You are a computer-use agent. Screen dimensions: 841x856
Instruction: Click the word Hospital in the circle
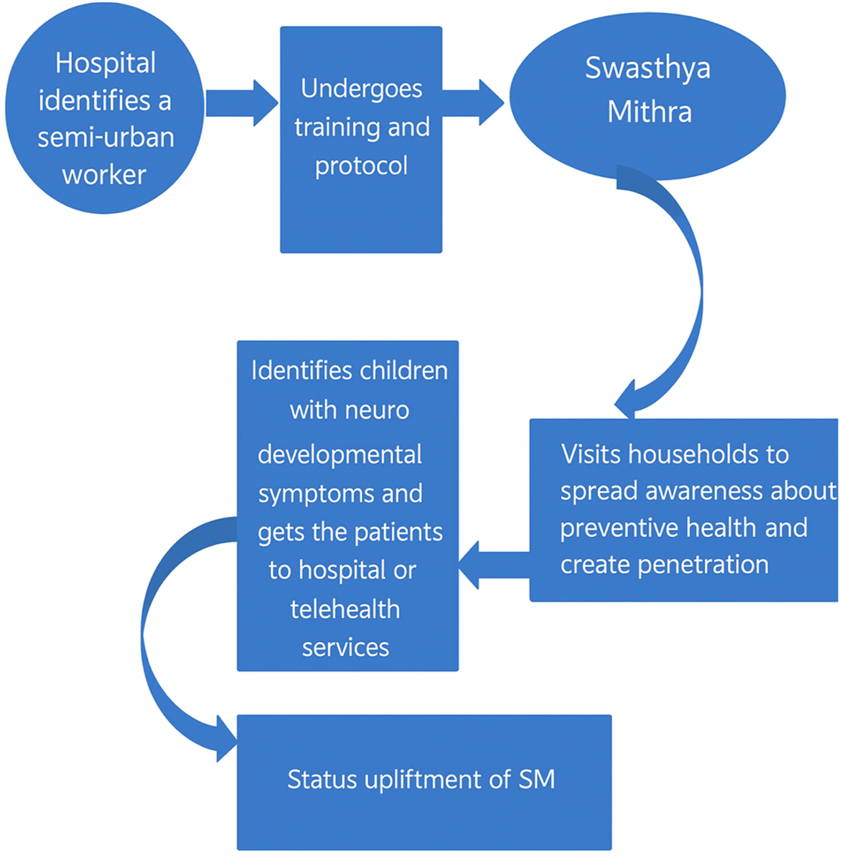(x=105, y=63)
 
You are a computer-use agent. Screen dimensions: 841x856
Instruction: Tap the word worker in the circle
(x=104, y=175)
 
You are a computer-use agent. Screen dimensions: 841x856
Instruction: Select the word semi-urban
(x=106, y=138)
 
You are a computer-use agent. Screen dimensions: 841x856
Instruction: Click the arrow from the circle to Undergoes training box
(x=242, y=103)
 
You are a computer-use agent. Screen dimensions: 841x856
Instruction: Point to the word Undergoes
(x=361, y=90)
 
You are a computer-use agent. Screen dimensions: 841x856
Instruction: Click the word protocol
(x=361, y=166)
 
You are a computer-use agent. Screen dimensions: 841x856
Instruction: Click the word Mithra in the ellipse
(x=649, y=112)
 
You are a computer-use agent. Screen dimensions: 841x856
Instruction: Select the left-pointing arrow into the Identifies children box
(x=494, y=565)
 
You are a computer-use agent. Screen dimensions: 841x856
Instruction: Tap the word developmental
(x=340, y=455)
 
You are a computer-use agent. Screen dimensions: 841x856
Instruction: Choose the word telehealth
(x=345, y=609)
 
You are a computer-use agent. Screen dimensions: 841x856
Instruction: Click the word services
(x=345, y=648)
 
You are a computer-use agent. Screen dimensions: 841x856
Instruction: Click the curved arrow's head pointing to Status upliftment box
(x=226, y=739)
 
